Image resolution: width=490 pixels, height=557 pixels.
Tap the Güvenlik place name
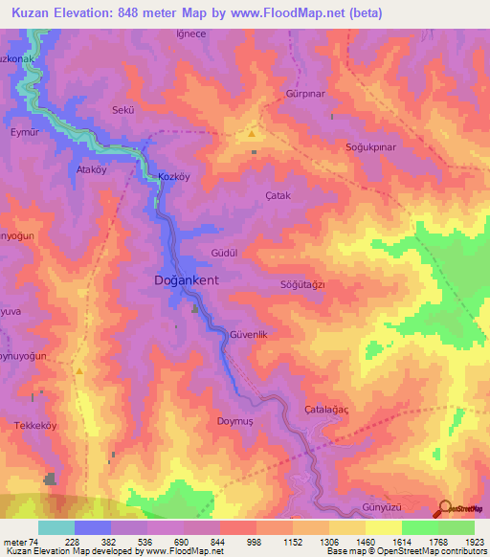click(x=254, y=334)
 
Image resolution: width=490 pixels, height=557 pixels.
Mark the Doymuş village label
click(x=234, y=419)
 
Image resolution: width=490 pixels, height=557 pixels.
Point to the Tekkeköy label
click(x=36, y=424)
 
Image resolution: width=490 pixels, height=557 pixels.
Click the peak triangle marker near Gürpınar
click(x=252, y=134)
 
